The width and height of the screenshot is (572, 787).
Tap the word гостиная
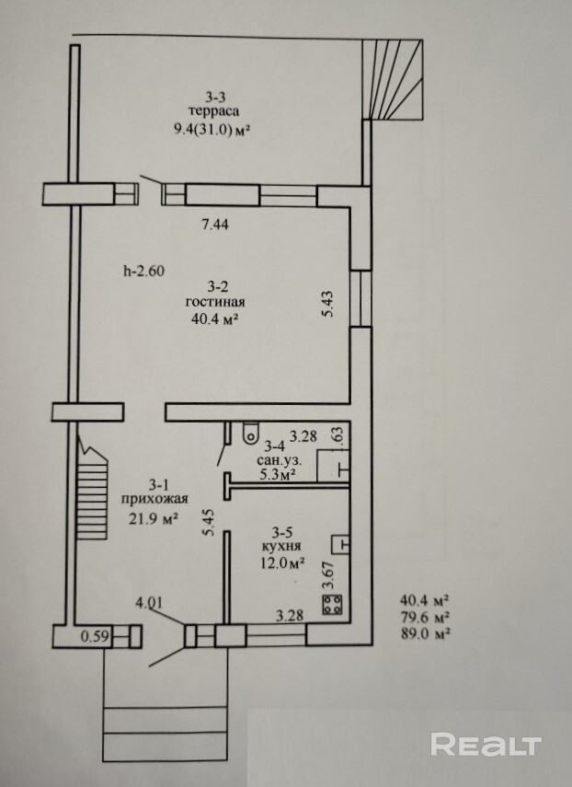(x=215, y=302)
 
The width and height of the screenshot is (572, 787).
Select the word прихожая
(x=154, y=500)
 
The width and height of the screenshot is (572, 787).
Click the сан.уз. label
(x=280, y=460)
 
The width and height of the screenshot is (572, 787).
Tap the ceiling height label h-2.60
(x=143, y=271)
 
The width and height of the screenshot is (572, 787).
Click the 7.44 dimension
(x=215, y=225)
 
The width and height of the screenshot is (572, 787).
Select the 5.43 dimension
(x=328, y=304)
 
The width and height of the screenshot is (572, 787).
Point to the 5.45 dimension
(x=209, y=522)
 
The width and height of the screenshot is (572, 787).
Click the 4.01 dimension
(x=149, y=602)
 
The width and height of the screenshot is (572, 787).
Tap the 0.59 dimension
(x=95, y=636)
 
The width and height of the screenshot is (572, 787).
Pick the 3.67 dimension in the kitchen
(x=328, y=574)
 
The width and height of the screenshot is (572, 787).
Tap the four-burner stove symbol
(x=332, y=605)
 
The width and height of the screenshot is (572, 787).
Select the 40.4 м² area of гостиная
(x=214, y=318)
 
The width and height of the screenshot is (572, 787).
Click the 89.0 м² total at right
(x=424, y=634)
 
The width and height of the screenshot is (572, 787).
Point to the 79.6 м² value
(x=424, y=617)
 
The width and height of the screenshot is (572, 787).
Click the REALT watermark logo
(x=486, y=745)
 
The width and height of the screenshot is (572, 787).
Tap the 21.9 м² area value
(x=154, y=518)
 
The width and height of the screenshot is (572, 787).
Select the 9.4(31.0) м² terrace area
(x=212, y=130)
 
